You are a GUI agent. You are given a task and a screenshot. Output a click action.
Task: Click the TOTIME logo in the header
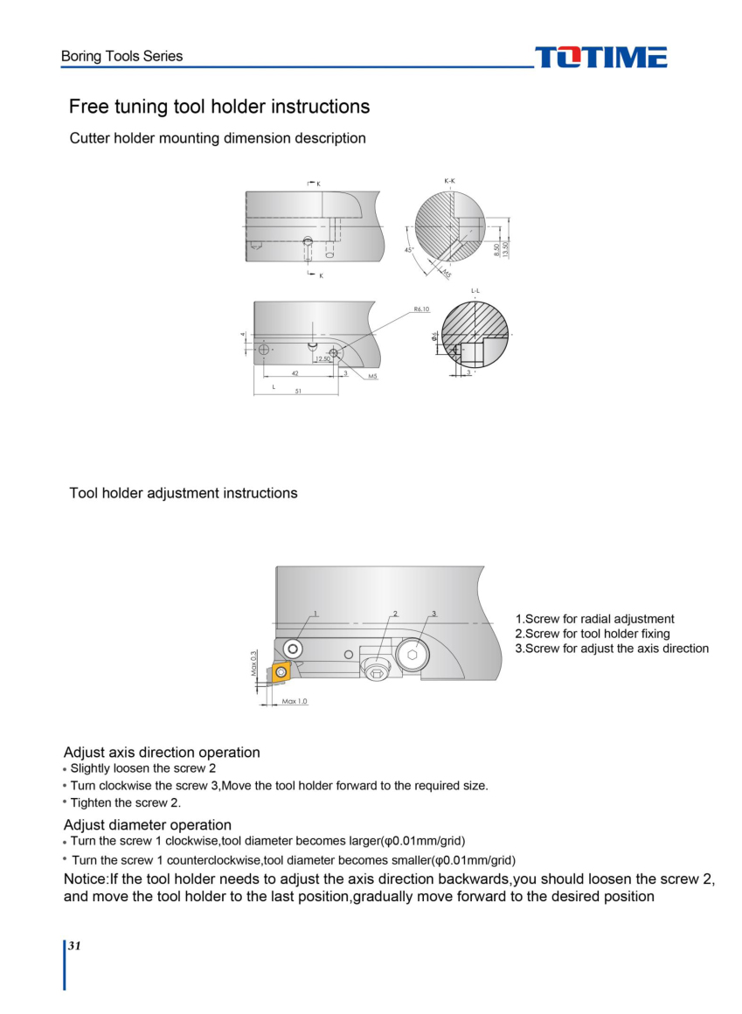point(600,58)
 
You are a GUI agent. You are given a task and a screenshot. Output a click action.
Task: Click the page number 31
point(75,947)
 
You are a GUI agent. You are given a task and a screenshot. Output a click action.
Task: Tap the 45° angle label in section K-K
point(408,250)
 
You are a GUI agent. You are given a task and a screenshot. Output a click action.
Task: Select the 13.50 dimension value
point(505,248)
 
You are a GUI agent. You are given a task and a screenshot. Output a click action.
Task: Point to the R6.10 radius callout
point(421,309)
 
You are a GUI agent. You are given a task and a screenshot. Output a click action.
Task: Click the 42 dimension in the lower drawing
point(295,373)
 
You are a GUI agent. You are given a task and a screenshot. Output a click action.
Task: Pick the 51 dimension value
point(298,392)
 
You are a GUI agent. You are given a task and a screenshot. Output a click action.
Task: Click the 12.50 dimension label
point(322,359)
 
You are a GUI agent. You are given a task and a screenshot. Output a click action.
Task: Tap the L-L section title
point(475,290)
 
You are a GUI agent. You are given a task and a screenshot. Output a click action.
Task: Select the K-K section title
point(449,181)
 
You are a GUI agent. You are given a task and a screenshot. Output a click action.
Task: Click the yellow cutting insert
point(280,672)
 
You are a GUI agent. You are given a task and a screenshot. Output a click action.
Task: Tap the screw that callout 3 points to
point(412,655)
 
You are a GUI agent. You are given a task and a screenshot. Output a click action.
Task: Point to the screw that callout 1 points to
point(292,649)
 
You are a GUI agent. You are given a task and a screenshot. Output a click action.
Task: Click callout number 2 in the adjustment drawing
point(395,614)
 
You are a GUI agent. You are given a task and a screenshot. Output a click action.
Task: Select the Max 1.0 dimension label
point(295,701)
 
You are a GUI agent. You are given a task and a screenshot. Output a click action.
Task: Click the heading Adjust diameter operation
point(148,825)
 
